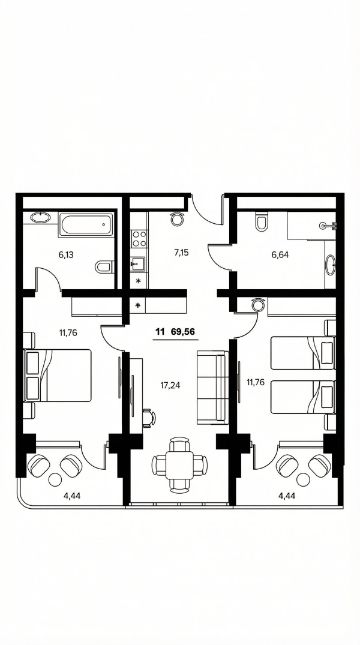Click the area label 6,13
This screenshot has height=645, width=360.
[66, 255]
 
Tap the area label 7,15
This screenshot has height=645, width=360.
[181, 253]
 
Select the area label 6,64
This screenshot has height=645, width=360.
[280, 255]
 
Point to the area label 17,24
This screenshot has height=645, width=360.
[170, 385]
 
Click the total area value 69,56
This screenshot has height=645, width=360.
[183, 332]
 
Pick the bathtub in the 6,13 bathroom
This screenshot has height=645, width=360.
[86, 224]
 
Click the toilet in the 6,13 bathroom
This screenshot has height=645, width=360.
[104, 267]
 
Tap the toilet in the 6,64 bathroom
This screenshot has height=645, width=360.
[261, 222]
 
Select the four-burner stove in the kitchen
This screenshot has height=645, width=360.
[139, 239]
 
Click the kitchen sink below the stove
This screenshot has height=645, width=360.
[138, 262]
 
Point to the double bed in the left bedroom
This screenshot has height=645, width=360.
[58, 375]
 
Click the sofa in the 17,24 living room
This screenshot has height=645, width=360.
[212, 387]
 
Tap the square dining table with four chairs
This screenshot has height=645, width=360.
[179, 465]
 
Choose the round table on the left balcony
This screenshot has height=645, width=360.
[55, 479]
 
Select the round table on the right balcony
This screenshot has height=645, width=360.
[303, 480]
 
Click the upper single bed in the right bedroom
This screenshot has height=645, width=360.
[303, 353]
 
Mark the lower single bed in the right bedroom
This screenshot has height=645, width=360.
[303, 397]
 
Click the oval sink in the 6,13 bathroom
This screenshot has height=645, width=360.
[40, 218]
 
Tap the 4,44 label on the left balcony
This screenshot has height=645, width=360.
[72, 496]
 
